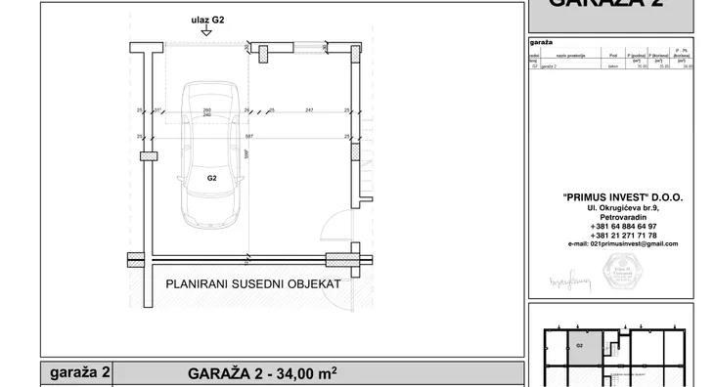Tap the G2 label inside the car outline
tap(211, 179)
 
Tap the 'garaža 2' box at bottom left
tap(77, 373)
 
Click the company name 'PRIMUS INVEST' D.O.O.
tap(622, 196)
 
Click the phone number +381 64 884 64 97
tap(623, 225)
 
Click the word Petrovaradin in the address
tap(623, 216)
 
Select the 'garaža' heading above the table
tap(542, 44)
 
